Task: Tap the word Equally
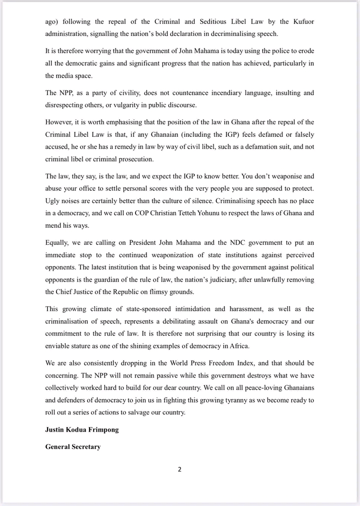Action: click(x=58, y=243)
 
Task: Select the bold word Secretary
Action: click(x=84, y=447)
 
